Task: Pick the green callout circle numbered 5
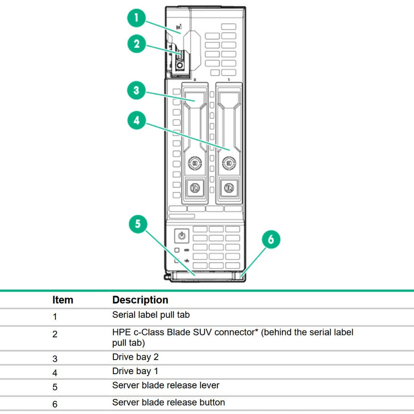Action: [138, 224]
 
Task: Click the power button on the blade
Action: [181, 236]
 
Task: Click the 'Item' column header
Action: [63, 300]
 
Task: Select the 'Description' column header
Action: [140, 300]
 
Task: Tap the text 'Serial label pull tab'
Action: [154, 314]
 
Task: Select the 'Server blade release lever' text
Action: [166, 386]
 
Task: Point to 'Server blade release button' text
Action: [169, 402]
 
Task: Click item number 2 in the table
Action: [55, 334]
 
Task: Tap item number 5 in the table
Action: [55, 386]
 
